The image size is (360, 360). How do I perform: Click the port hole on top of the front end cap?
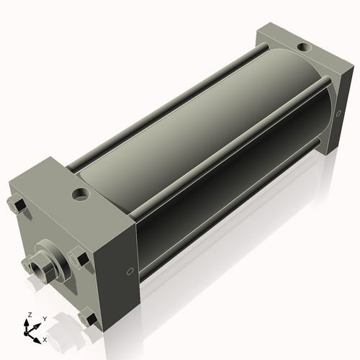pyautogui.click(x=79, y=194)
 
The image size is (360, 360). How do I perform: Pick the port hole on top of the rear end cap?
pyautogui.click(x=305, y=48)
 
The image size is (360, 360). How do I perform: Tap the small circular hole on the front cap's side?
pyautogui.click(x=129, y=271)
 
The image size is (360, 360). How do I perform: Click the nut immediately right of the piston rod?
pyautogui.click(x=79, y=257)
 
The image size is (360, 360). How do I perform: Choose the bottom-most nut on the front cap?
pyautogui.click(x=90, y=317)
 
